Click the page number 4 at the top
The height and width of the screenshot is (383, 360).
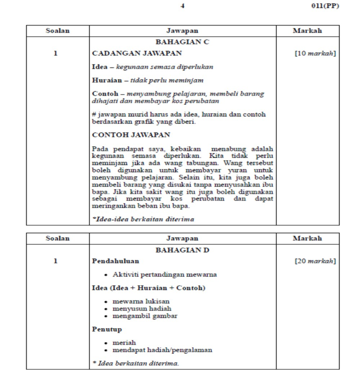coord(182,6)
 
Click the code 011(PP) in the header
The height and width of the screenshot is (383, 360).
coord(325,6)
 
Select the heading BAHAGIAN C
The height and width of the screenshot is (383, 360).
coord(182,41)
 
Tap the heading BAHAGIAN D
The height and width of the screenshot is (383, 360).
coord(182,249)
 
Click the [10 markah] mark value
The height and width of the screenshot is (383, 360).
coord(315,53)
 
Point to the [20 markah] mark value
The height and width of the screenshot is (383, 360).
coord(315,261)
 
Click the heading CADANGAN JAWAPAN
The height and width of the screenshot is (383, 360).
coord(137,53)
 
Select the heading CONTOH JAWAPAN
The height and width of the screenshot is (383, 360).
coord(131,135)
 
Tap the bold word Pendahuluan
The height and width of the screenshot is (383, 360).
coord(116,261)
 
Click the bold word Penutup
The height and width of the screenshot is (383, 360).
coord(107,329)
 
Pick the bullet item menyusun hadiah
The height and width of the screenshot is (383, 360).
coord(142,309)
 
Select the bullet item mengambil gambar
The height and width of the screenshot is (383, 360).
coord(145,316)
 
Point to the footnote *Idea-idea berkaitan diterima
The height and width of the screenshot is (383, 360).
coord(143,219)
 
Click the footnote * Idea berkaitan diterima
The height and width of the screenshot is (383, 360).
coord(135,363)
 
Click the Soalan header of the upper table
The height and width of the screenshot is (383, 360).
coord(58,31)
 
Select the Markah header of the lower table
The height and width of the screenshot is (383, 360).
coord(307,238)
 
